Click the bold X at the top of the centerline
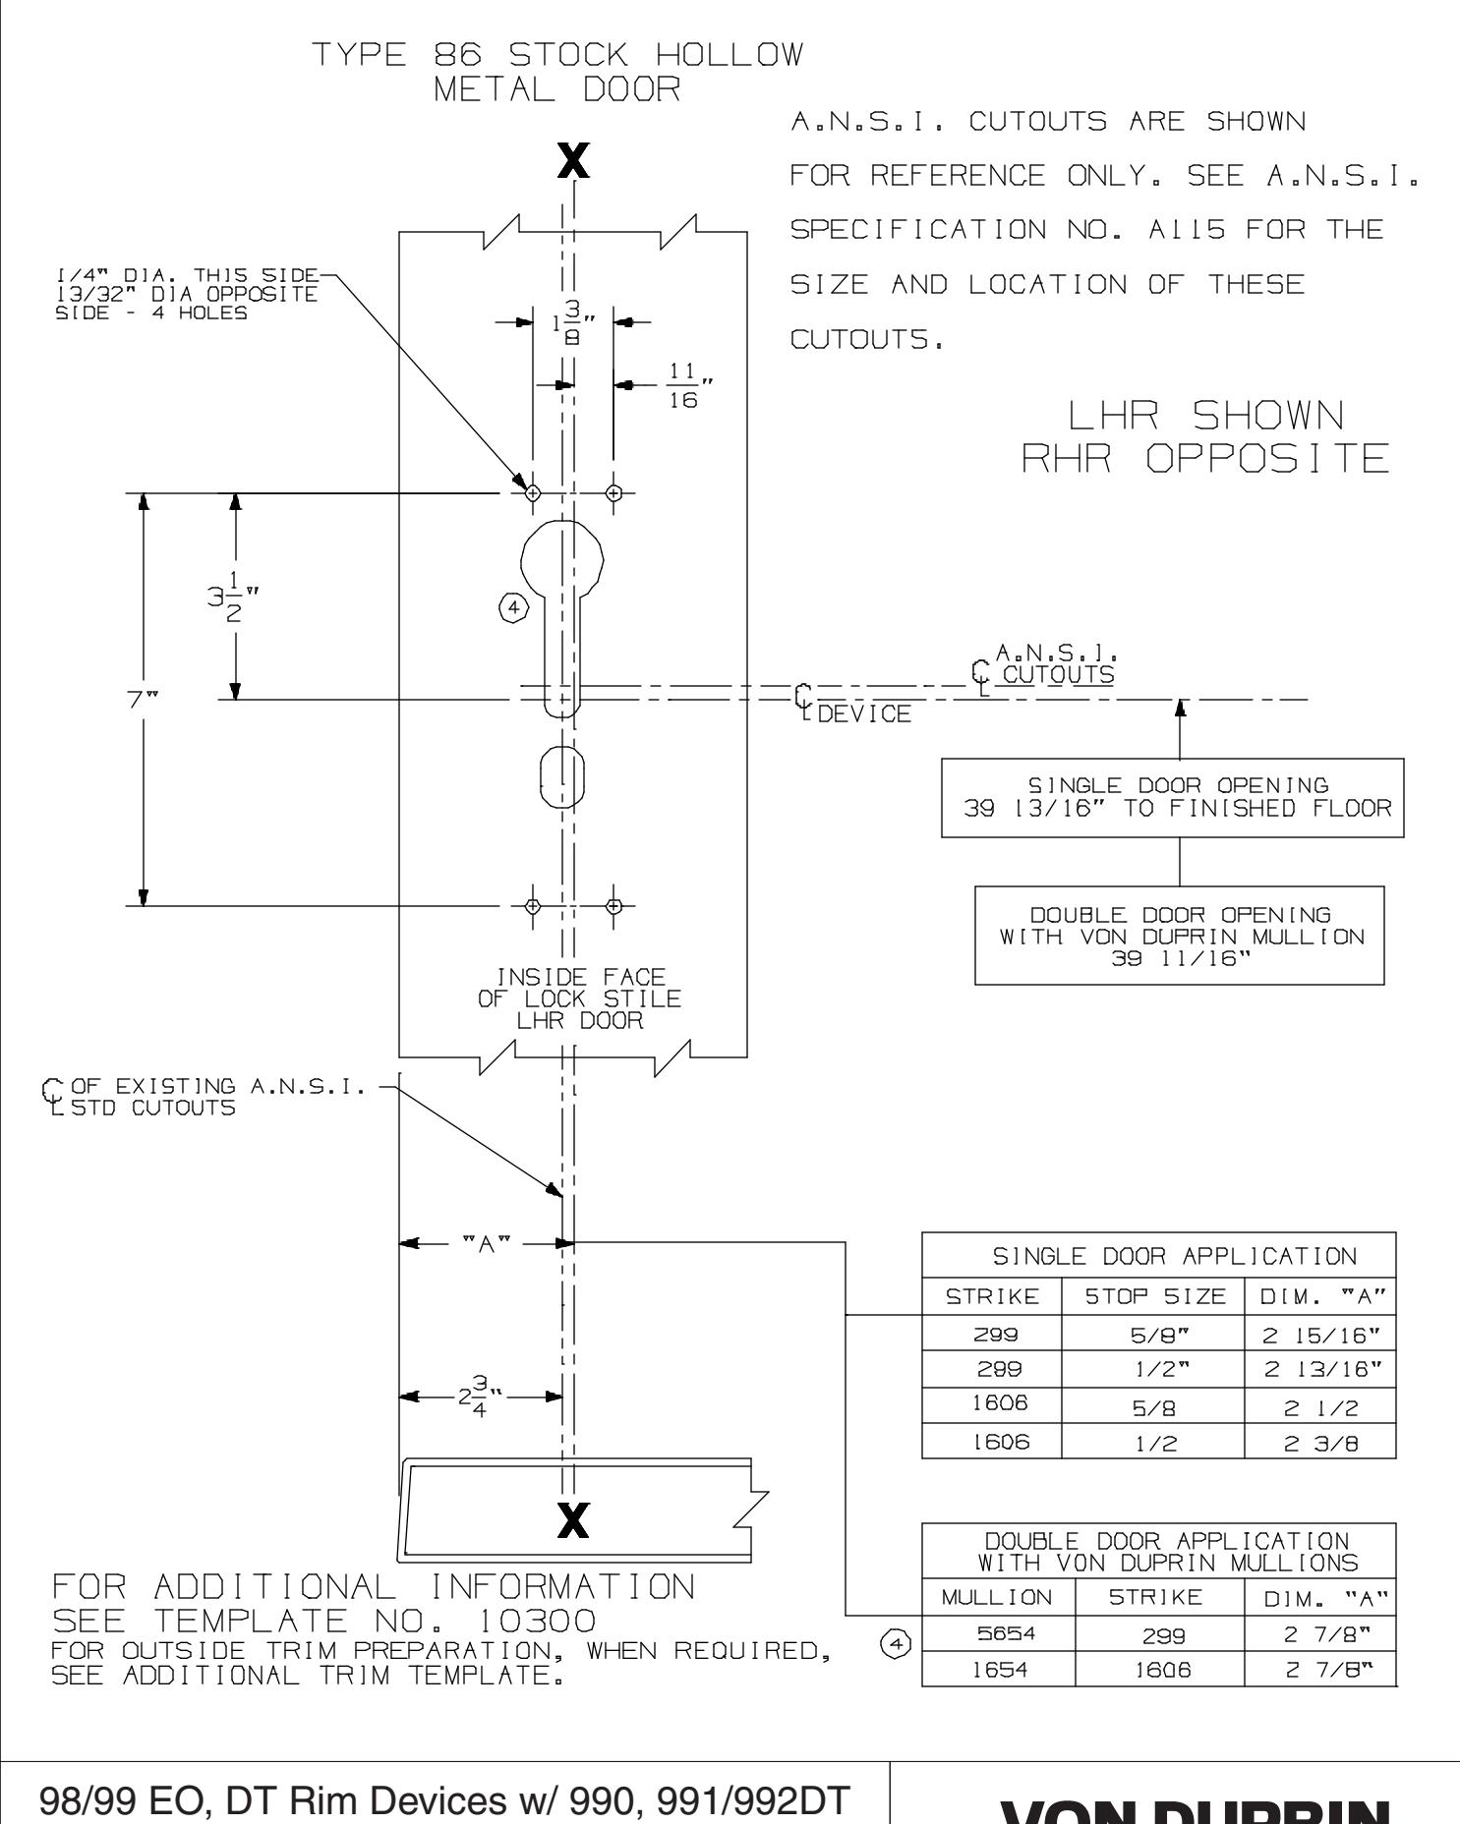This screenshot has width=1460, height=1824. click(573, 161)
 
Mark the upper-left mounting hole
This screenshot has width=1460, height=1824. click(532, 492)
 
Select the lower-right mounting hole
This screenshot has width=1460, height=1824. click(614, 905)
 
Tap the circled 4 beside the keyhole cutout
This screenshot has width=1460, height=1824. click(511, 608)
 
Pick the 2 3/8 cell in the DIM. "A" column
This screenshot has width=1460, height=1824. click(1319, 1442)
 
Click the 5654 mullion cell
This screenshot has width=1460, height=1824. click(998, 1640)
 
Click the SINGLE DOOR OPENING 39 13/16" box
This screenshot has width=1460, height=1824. click(1172, 797)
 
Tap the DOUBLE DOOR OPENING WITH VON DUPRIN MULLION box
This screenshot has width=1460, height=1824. click(1179, 935)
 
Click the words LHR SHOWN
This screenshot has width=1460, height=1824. click(1206, 418)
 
